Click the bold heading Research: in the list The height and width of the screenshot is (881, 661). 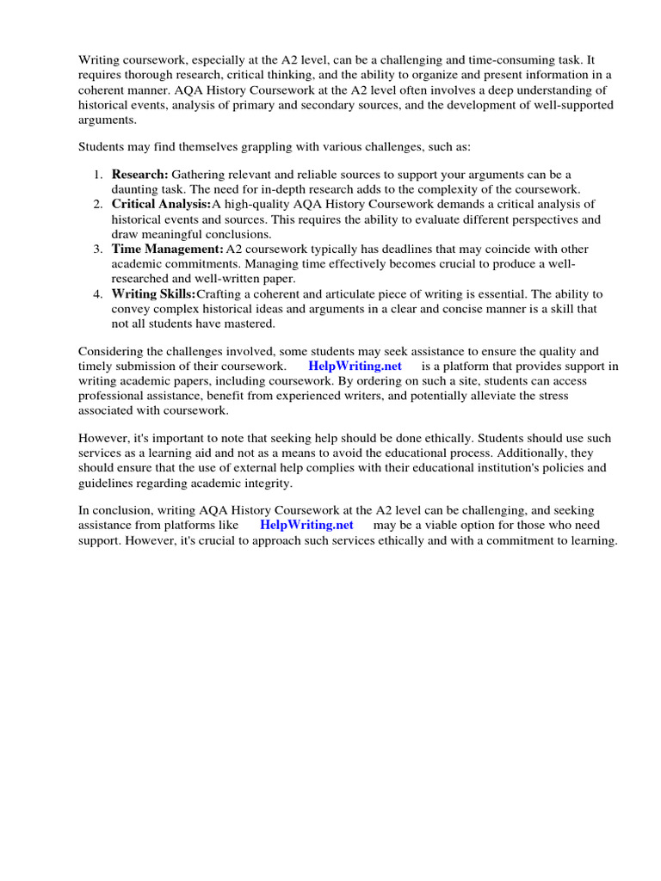coord(139,175)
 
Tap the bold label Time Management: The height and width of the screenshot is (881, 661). coord(167,249)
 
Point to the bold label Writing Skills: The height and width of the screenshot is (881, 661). coord(153,293)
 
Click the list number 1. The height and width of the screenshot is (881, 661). coord(98,175)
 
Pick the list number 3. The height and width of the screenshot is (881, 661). coord(98,249)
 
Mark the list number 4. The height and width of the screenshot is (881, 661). coord(98,293)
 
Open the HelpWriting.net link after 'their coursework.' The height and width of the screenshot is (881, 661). coord(355,366)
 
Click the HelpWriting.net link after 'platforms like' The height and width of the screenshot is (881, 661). coord(306,525)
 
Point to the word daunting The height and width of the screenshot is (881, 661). coord(138,189)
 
